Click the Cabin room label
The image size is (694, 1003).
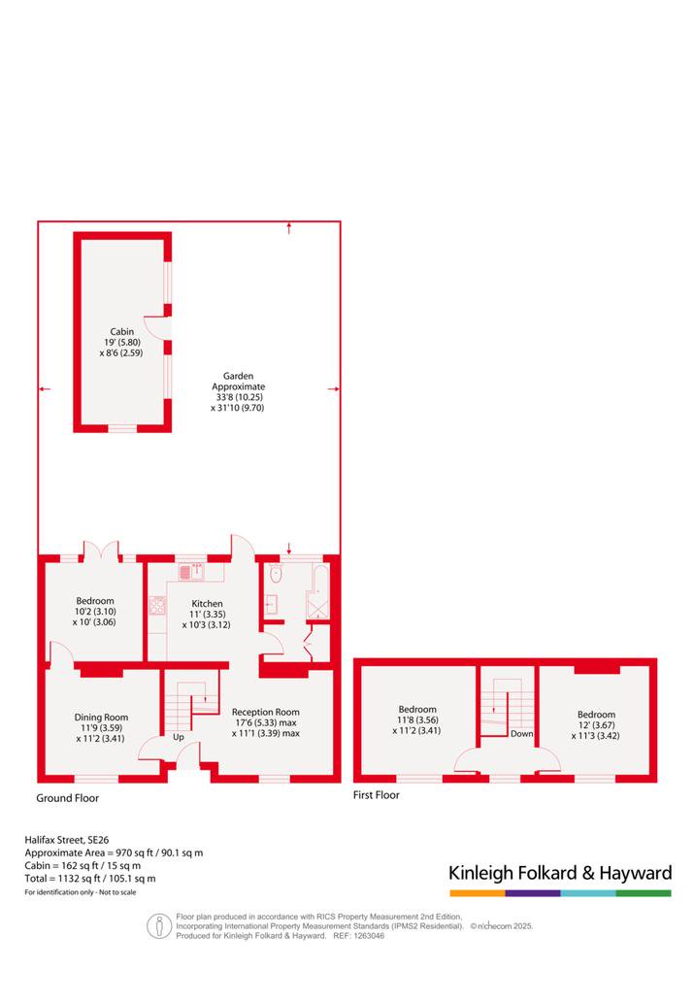point(121,342)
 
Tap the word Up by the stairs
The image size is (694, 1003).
point(179,737)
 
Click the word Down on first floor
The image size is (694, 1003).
point(521,734)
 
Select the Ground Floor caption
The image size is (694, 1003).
point(67,798)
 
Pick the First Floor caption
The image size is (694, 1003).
point(376,794)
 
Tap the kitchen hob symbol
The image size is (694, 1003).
point(157,605)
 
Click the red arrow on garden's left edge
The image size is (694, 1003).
point(45,388)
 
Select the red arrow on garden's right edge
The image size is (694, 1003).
point(333,388)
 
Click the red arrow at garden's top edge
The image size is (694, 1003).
point(289,228)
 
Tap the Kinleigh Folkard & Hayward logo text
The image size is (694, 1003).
point(560,873)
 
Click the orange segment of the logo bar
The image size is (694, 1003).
point(478,893)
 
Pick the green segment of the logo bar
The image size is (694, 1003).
point(644,893)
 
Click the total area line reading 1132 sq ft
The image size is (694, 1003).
point(90,879)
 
